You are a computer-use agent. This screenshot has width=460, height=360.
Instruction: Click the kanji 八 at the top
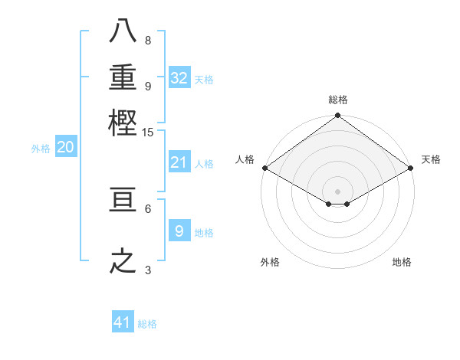tap(123, 33)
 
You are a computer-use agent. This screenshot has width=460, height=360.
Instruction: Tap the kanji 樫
tap(123, 122)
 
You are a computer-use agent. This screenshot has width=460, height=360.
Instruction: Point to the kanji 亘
tap(123, 200)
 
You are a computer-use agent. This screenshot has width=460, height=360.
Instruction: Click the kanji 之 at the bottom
tap(123, 262)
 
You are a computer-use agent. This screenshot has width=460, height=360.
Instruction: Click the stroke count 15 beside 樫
tap(148, 133)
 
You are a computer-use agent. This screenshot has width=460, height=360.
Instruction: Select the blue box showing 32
tap(179, 78)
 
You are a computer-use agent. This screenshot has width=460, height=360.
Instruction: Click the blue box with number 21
tap(179, 162)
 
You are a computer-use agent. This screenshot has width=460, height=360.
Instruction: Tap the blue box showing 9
tap(179, 231)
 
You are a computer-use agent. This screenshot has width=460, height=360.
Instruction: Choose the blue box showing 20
tap(65, 148)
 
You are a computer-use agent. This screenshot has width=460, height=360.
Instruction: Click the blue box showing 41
tap(123, 322)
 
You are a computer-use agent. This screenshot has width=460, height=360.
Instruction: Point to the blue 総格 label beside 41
tap(148, 324)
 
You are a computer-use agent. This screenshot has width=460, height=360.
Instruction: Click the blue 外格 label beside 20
tap(41, 149)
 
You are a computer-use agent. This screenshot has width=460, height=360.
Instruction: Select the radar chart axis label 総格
tap(338, 100)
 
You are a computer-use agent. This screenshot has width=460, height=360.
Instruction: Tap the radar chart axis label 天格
tap(431, 159)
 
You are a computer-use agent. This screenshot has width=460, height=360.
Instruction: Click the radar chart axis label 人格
tap(245, 159)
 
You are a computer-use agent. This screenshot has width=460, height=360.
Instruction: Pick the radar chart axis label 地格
tap(402, 262)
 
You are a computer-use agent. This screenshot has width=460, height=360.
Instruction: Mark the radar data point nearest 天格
tap(412, 169)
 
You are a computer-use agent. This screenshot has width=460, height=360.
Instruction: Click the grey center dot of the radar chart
tap(338, 191)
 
